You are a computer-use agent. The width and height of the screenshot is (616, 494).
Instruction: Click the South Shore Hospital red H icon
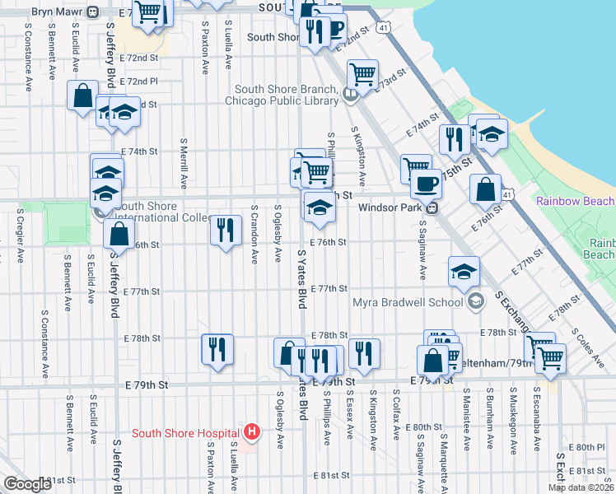click(x=252, y=431)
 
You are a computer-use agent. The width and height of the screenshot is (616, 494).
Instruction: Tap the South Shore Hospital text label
click(x=186, y=433)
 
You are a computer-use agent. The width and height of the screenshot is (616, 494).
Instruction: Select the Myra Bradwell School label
click(x=407, y=302)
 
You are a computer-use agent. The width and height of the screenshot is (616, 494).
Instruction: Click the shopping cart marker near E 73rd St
click(x=362, y=75)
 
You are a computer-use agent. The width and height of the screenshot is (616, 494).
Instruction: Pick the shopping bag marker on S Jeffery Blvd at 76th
click(x=119, y=234)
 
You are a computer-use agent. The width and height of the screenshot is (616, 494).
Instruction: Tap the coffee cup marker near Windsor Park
click(x=426, y=183)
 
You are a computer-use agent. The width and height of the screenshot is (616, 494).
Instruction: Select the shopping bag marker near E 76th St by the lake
click(x=486, y=189)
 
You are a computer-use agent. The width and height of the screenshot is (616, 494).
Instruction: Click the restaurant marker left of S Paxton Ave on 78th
click(x=217, y=348)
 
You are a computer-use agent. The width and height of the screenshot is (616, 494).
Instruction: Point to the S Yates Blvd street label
click(x=302, y=280)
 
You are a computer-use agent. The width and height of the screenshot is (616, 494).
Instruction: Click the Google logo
click(x=27, y=484)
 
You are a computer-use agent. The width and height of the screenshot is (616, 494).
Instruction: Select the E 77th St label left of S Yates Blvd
click(x=141, y=291)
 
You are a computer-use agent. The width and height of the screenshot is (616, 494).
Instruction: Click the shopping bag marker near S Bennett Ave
click(x=83, y=95)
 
